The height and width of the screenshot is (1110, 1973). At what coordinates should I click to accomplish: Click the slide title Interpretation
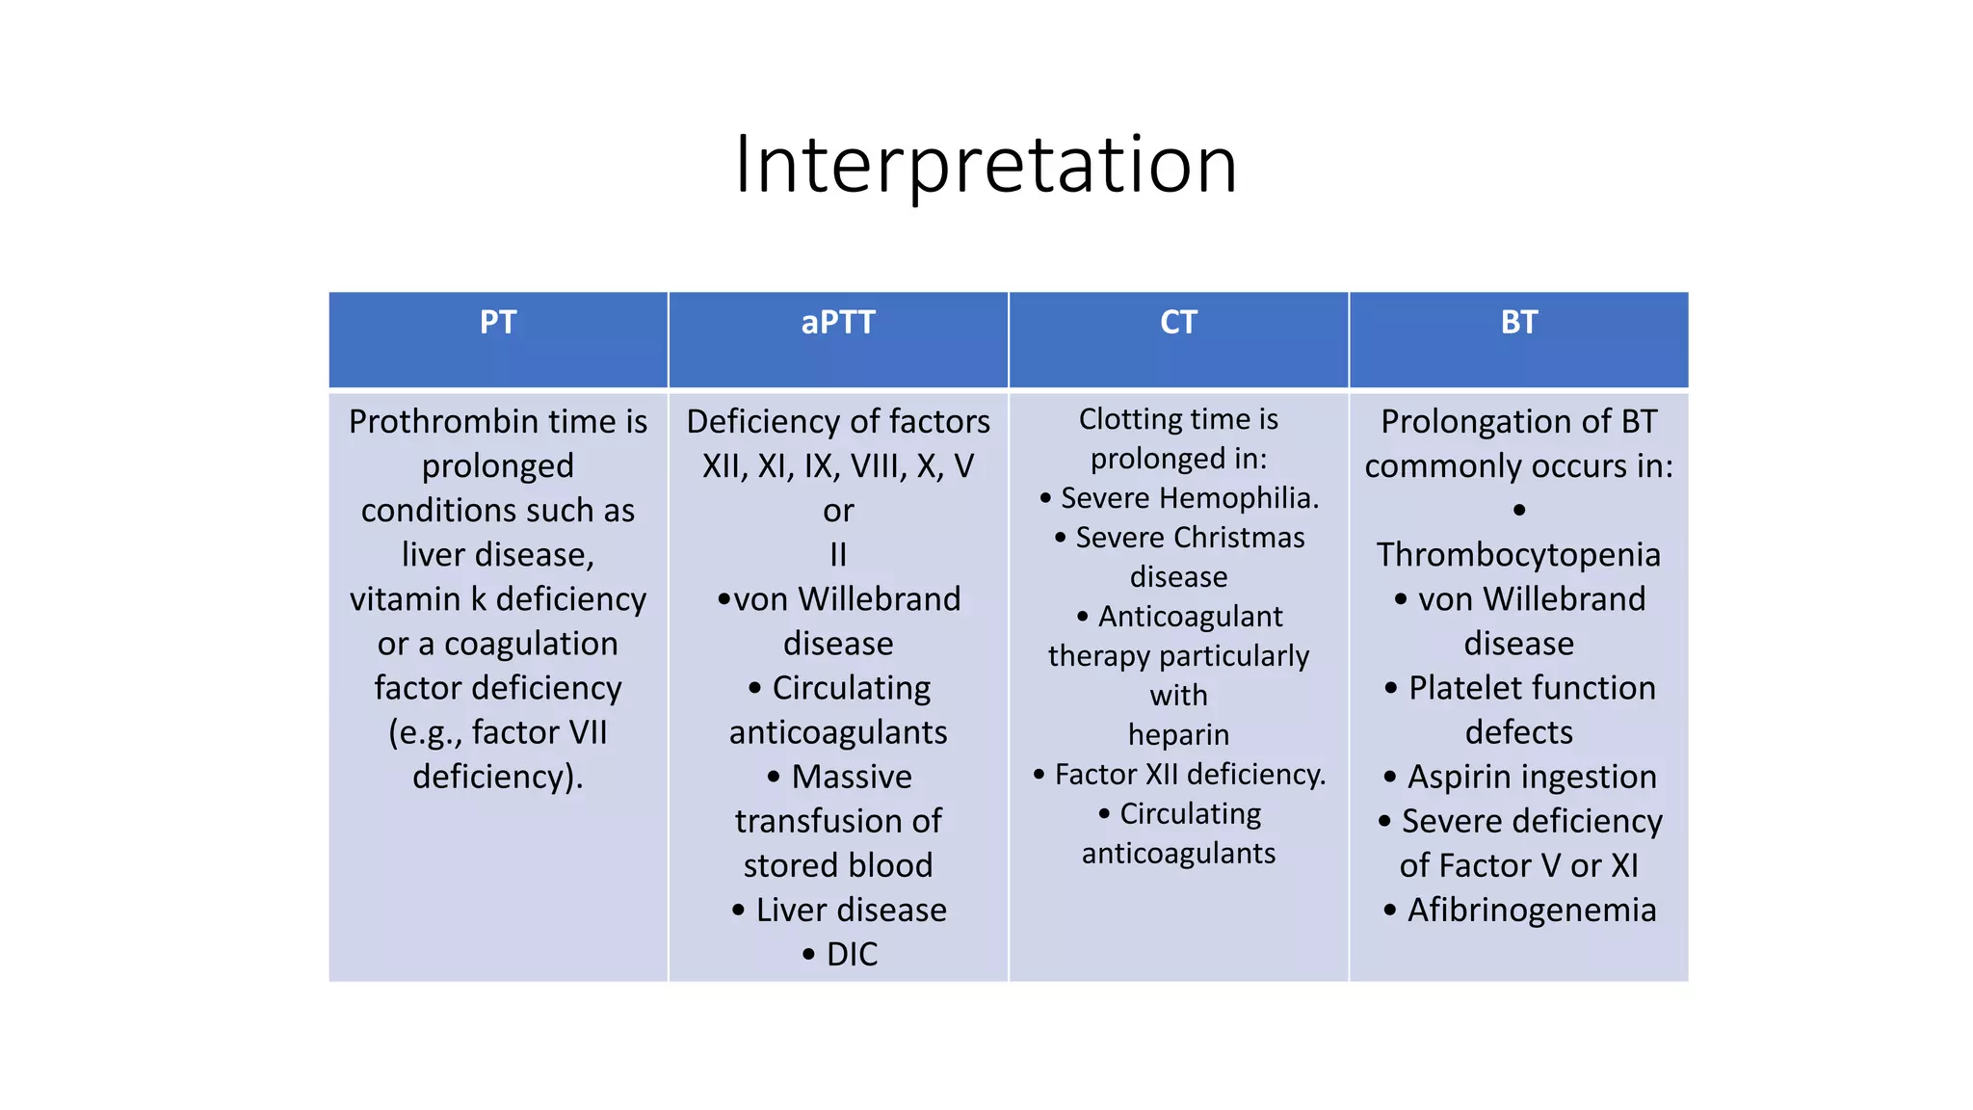pos(986,165)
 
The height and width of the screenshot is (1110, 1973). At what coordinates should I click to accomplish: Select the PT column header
pos(498,322)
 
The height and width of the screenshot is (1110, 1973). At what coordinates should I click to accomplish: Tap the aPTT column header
pos(838,322)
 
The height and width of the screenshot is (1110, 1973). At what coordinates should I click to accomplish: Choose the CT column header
pos(1178,322)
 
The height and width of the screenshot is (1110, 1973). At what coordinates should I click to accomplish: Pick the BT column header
pos(1518,322)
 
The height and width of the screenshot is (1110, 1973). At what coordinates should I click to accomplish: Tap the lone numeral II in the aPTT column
pos(838,555)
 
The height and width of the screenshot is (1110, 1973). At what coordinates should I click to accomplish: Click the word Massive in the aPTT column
pos(852,777)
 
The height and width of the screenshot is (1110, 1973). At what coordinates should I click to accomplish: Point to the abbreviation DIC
pos(852,954)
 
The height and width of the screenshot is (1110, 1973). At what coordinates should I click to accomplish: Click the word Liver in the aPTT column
pos(790,910)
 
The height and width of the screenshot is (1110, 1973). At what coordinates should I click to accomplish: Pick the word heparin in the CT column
pos(1178,735)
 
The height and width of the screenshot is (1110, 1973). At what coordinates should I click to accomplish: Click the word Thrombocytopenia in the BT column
pos(1518,555)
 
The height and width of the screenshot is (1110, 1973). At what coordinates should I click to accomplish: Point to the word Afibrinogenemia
pos(1532,910)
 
